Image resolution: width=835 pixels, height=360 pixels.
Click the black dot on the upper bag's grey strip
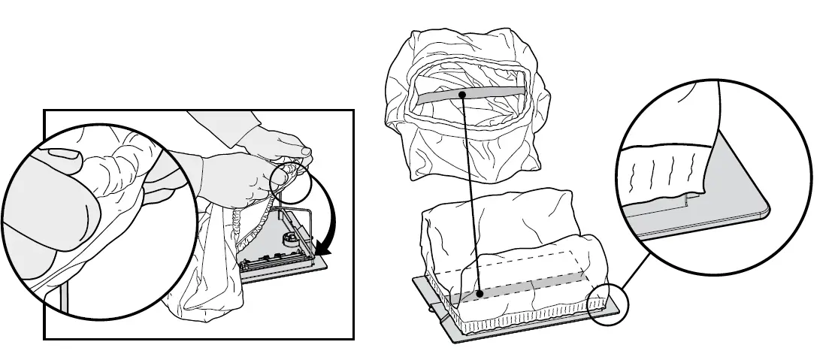coord(461,94)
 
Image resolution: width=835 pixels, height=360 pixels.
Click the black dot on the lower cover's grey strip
coord(479,293)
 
